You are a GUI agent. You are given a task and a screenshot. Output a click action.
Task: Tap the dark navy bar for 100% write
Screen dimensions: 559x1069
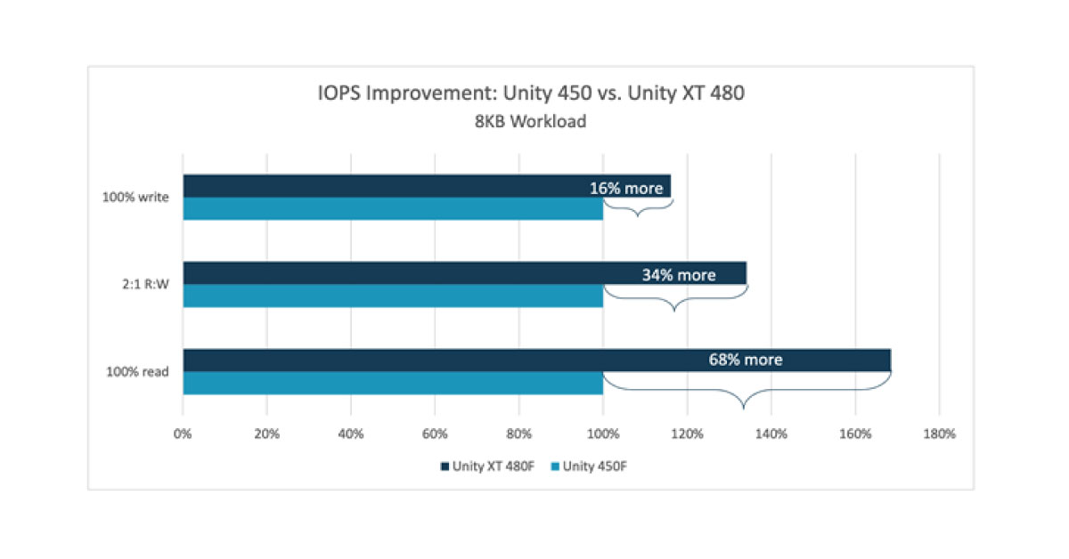coord(383,186)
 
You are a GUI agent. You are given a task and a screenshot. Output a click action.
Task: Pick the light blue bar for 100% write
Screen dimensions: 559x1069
coord(392,208)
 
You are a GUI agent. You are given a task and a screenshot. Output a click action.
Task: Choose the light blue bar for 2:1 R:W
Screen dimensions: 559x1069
coord(392,296)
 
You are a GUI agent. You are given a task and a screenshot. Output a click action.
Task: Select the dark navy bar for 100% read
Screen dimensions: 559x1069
coord(445,360)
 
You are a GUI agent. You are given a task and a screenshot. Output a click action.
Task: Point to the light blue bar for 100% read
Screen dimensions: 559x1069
coord(392,383)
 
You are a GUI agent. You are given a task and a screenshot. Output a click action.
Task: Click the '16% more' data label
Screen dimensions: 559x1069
coord(626,188)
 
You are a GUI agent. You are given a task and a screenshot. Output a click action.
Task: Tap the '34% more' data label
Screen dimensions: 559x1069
coord(678,275)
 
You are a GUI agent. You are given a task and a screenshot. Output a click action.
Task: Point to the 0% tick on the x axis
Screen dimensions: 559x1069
coord(183,434)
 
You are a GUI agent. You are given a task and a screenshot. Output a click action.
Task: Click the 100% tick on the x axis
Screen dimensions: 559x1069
coord(603,434)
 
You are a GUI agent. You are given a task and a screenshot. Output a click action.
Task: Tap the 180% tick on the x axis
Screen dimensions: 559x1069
coord(939,434)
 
